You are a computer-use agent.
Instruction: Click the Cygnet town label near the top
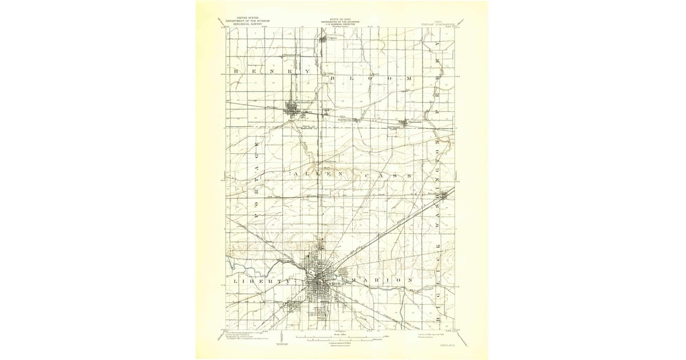tap(326, 38)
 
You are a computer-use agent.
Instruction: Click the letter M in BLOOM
tap(409, 77)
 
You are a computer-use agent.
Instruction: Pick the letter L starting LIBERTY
tap(236, 282)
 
